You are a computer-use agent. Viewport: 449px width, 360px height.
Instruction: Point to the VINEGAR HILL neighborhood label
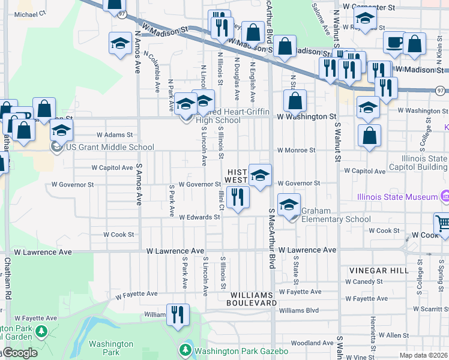click(x=376, y=271)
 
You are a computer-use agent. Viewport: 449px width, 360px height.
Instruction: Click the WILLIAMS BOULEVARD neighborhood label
click(x=250, y=299)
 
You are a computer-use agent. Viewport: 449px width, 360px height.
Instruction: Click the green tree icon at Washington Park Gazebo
click(x=185, y=349)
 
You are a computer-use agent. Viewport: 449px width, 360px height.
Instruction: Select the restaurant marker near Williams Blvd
click(x=177, y=315)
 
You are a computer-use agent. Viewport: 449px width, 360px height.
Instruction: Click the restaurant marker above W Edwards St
click(x=238, y=197)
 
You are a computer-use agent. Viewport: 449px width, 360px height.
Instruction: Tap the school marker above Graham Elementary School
click(x=289, y=205)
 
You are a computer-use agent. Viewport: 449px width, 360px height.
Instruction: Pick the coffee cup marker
click(x=394, y=43)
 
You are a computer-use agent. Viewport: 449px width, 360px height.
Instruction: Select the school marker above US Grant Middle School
click(x=61, y=130)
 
